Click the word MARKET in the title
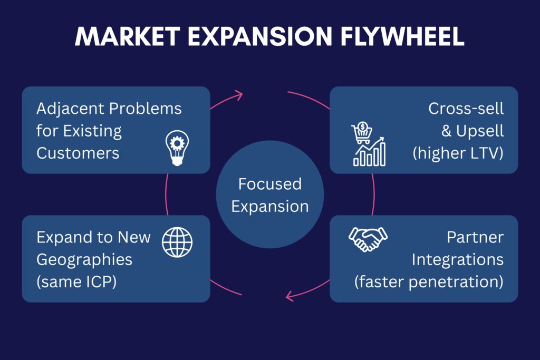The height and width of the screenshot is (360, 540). [127, 36]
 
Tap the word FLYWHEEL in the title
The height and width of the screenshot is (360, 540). [402, 36]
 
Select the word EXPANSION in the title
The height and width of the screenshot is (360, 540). [260, 36]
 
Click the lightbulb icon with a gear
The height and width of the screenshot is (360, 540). [177, 148]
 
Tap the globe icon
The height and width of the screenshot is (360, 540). [177, 242]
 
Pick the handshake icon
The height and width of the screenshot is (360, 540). [368, 239]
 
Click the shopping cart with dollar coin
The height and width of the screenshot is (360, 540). [362, 132]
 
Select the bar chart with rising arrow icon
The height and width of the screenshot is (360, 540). [370, 152]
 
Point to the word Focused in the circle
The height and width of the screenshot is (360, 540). [270, 184]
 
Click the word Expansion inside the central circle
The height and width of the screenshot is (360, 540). [270, 207]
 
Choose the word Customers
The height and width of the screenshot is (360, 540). [78, 153]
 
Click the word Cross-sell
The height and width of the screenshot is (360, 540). [466, 109]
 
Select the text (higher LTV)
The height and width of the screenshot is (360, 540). [458, 153]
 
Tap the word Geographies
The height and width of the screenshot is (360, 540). [84, 260]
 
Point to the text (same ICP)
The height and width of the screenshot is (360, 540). [76, 282]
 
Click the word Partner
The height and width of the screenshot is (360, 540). [475, 237]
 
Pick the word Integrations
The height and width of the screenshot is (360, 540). [458, 260]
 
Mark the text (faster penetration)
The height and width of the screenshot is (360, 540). [429, 282]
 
